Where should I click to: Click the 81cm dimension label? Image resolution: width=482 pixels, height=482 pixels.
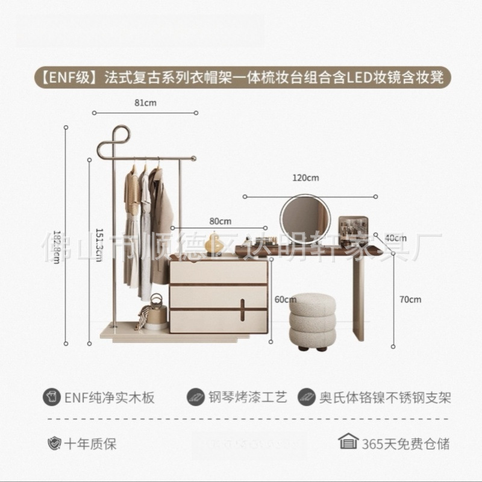[145, 103]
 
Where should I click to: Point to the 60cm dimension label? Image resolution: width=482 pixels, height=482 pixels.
[281, 299]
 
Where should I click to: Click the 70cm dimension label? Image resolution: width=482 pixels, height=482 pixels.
[412, 299]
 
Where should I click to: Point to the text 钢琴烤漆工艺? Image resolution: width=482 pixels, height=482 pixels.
[248, 398]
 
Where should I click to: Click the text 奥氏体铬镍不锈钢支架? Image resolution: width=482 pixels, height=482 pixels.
[385, 398]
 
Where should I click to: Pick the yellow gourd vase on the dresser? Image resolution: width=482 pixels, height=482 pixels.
[212, 243]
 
